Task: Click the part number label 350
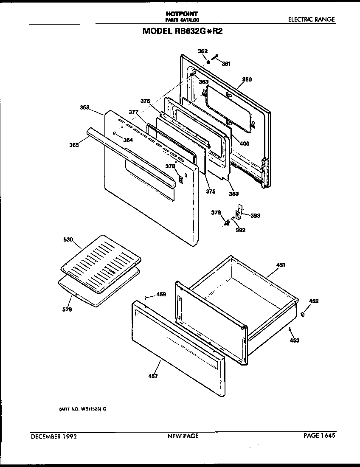[x=247, y=79]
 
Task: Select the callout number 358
[x=84, y=108]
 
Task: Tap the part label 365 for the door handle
[x=74, y=145]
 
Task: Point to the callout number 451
[x=281, y=265]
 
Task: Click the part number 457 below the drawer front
[x=153, y=376]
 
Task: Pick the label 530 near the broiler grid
[x=68, y=240]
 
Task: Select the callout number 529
[x=67, y=309]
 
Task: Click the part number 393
[x=255, y=216]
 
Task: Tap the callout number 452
[x=313, y=301]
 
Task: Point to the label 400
[x=245, y=143]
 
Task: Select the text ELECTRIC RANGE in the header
[x=311, y=20]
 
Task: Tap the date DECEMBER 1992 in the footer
[x=53, y=436]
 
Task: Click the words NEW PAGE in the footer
[x=183, y=436]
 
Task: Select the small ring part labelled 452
[x=303, y=315]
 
